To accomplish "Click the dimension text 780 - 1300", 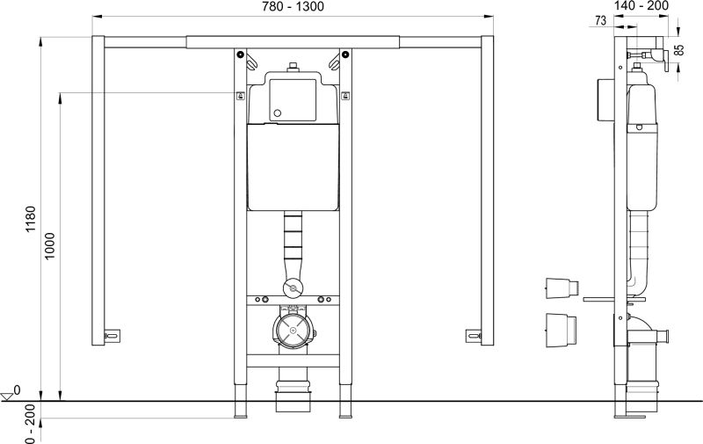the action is click(293, 7).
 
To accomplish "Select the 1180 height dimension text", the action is click(31, 219).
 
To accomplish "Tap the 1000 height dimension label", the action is click(49, 245).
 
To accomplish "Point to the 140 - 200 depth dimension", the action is click(641, 5).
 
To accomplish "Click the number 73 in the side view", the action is click(601, 20).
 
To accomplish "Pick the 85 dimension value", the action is click(679, 49).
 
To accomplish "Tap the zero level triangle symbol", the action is click(7, 396).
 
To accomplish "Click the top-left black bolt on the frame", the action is click(241, 55).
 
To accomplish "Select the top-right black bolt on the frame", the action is click(344, 55).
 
